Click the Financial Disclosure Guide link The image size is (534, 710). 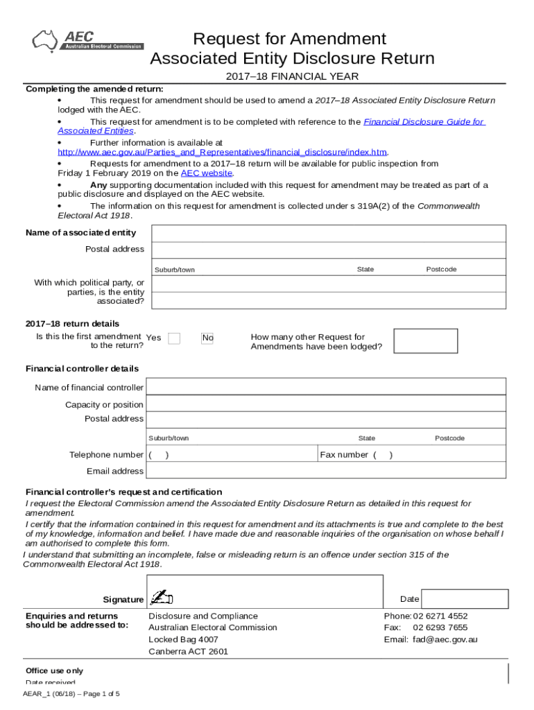pos(424,122)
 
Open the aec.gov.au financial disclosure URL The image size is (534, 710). pos(222,153)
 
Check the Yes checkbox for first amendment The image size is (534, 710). pos(174,338)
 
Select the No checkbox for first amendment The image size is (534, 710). pos(207,338)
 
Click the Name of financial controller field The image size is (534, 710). pos(326,388)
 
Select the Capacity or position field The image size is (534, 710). pos(326,404)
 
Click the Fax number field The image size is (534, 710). pos(412,455)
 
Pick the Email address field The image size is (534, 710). pos(326,471)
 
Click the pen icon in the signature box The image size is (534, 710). pos(161,598)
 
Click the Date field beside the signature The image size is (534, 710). pos(464,599)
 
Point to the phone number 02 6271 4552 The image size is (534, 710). pos(440,616)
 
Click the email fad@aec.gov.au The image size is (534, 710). pos(445,640)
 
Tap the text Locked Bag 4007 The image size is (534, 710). pos(184,639)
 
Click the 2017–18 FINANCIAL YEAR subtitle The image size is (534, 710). pos(292,77)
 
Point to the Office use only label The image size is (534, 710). pos(54,671)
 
